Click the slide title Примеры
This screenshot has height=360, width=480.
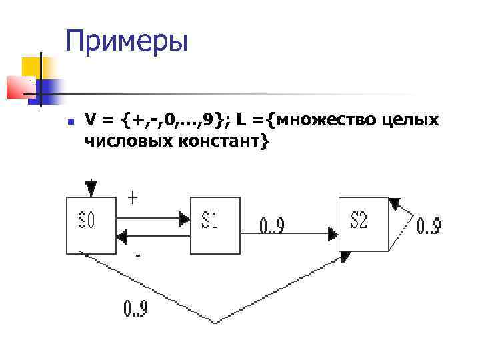click(x=127, y=41)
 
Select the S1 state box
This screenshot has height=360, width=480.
click(x=214, y=225)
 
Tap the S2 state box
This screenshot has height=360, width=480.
click(x=363, y=223)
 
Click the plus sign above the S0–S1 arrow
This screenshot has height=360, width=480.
click(x=133, y=198)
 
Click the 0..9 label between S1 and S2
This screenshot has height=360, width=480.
click(x=271, y=227)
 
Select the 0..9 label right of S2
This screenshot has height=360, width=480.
click(x=429, y=226)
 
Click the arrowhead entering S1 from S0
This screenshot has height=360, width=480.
click(x=184, y=217)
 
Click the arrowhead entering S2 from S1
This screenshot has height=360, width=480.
click(x=333, y=233)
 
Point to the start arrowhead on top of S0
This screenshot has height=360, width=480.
click(x=91, y=188)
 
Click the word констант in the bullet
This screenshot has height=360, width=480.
click(x=213, y=141)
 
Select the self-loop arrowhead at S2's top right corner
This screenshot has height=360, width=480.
click(x=395, y=203)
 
